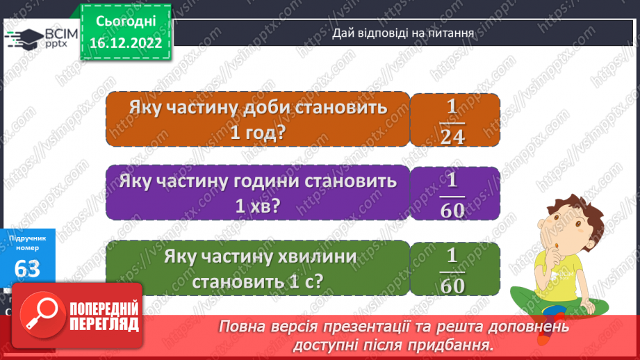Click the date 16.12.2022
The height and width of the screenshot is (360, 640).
point(125,43)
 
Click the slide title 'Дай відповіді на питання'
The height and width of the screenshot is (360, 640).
point(403,32)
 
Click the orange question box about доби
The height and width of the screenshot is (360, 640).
point(257,120)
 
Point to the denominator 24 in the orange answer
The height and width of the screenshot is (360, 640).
point(452,136)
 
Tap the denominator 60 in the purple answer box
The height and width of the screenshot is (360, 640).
point(452,210)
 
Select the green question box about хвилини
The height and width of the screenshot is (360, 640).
point(257,270)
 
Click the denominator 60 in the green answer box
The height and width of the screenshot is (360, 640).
point(452,284)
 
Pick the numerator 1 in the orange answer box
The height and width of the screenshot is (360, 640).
point(452,106)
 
